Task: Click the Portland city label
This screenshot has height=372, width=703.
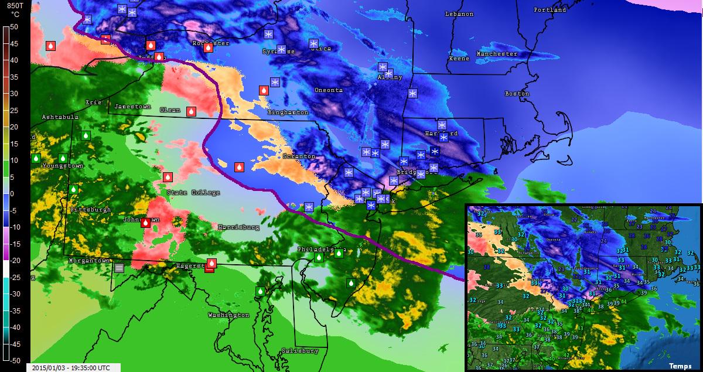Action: coord(550,10)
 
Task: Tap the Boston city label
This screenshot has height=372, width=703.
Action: coord(517,94)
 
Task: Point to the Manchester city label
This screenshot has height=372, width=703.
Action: coord(497,54)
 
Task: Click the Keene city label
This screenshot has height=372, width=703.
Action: coord(459,59)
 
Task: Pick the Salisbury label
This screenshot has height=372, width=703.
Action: coord(300,351)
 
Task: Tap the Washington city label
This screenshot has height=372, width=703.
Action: coord(228,315)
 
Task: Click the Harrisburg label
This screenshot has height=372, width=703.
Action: coord(238,227)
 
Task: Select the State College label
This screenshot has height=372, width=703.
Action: coord(193,193)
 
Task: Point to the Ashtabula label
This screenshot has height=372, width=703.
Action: coord(60,117)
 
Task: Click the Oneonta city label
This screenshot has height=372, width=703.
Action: coord(329,90)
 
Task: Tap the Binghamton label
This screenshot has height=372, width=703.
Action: coord(288,112)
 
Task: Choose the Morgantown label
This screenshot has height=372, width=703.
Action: coord(89,260)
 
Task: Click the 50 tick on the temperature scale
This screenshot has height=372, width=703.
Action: coord(14,27)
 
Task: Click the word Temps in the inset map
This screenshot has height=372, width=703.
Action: coord(680,366)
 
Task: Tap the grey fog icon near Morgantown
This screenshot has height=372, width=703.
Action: coord(120,267)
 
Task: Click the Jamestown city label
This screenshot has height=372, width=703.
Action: coord(132,107)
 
